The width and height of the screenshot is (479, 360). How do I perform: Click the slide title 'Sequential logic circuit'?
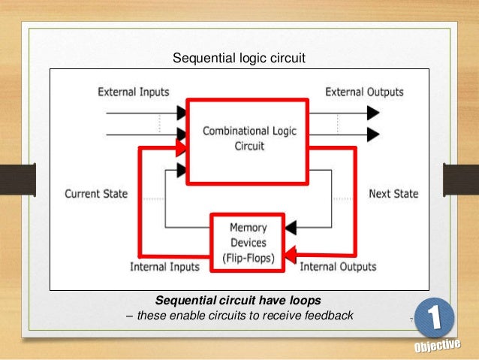[239, 57]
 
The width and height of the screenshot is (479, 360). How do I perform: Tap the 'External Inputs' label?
[134, 92]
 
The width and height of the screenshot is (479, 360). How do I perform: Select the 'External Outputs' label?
[363, 92]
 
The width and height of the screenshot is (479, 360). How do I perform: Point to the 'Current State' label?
[96, 193]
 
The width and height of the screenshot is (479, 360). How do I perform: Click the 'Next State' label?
[393, 193]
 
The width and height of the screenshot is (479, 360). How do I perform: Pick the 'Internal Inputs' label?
[164, 266]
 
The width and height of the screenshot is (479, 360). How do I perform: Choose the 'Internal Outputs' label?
[338, 266]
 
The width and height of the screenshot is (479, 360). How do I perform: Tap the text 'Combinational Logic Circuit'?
[249, 139]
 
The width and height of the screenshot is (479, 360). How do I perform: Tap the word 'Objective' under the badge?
[436, 346]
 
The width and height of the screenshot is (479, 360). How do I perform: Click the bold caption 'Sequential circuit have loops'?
[238, 300]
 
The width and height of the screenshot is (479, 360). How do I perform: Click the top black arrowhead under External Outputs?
[372, 113]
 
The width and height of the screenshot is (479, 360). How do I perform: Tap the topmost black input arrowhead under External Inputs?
[182, 113]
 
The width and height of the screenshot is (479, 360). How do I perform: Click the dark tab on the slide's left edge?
[17, 180]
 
